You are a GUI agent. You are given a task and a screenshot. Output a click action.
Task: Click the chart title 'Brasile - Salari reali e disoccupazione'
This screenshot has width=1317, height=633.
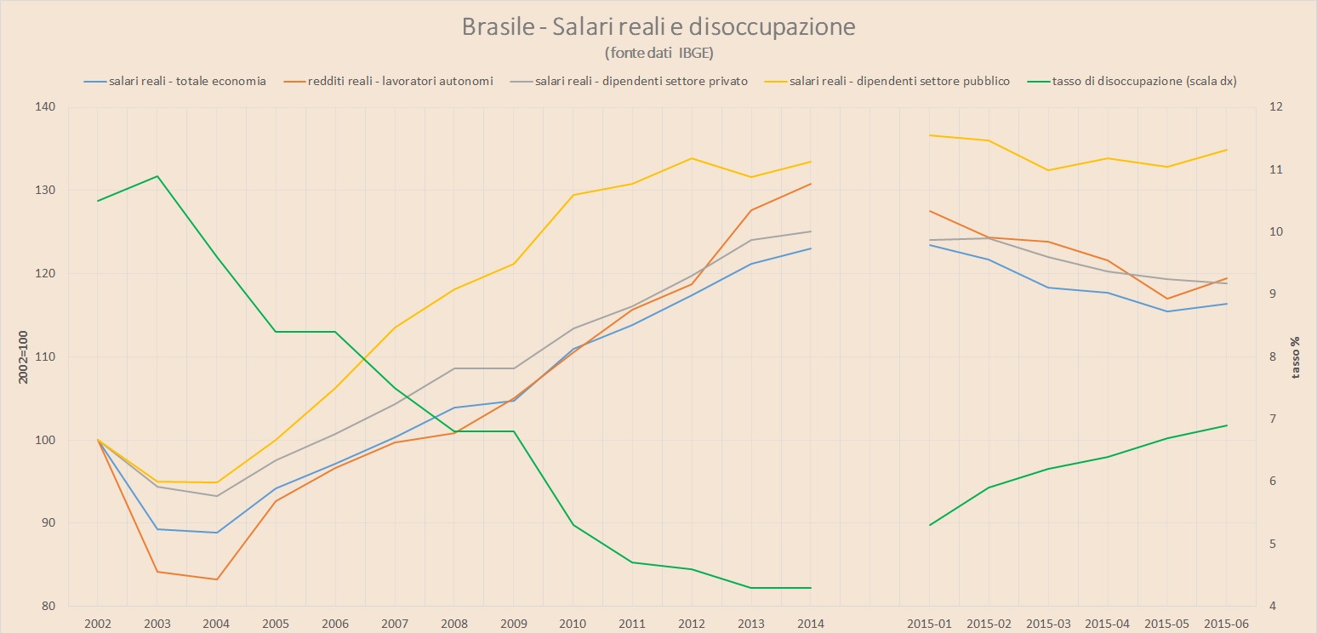click(x=658, y=27)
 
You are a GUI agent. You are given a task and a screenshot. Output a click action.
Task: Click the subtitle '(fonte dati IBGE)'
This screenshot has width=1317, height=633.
click(x=658, y=53)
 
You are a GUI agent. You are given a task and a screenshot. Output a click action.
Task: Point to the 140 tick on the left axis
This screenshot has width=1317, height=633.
click(x=44, y=107)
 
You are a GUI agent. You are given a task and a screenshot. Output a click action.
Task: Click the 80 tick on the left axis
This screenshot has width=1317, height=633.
click(x=48, y=607)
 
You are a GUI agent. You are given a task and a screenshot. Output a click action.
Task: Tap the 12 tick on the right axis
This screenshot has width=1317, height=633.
click(x=1275, y=107)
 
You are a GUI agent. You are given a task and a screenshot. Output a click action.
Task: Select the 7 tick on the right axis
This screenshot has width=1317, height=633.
click(x=1273, y=419)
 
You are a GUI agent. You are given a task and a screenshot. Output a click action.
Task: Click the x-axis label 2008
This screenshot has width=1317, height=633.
click(x=454, y=624)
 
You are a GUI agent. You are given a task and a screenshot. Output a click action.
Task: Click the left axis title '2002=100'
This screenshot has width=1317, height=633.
click(x=25, y=356)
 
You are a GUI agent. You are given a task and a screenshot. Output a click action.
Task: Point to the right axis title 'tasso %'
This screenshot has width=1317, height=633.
click(x=1296, y=356)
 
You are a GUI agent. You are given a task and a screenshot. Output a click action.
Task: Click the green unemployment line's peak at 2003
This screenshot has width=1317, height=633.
click(x=157, y=176)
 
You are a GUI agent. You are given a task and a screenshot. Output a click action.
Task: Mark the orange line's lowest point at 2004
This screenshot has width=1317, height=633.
click(x=217, y=579)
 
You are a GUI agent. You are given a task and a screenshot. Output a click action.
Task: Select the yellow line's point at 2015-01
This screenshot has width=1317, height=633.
click(x=930, y=135)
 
